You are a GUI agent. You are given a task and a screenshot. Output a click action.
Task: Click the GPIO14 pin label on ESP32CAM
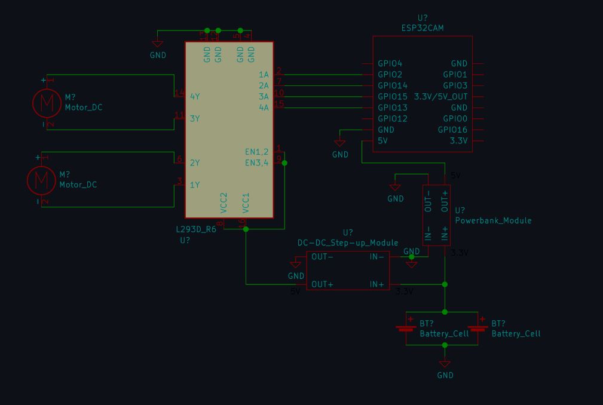tap(393, 85)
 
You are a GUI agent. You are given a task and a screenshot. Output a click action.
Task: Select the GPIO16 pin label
tap(452, 130)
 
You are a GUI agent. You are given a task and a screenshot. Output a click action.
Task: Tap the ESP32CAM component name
tap(423, 28)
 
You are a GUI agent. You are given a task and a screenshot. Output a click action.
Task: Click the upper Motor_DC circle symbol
tap(46, 103)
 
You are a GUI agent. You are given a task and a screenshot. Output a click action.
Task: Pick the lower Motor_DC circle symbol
tap(41, 180)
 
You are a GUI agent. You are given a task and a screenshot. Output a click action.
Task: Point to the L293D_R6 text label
tap(196, 229)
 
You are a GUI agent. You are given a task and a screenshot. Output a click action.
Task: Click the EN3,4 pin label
tap(257, 163)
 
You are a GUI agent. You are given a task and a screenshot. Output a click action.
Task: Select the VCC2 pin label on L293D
tap(224, 202)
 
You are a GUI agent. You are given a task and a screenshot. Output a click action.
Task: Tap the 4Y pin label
tap(195, 96)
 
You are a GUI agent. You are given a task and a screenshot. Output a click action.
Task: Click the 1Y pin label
tap(195, 185)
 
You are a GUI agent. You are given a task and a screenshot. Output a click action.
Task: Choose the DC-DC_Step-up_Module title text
tap(348, 243)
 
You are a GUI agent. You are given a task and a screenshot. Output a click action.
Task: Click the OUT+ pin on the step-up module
tap(323, 284)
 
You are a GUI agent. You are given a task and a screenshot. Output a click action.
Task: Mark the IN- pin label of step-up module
tap(377, 257)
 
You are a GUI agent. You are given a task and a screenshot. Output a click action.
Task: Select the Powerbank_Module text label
tap(493, 220)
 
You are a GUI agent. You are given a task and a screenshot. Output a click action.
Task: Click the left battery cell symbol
tap(406, 328)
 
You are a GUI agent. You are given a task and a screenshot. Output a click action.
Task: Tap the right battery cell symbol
tap(477, 328)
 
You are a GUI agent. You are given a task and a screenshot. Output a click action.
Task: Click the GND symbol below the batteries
tap(445, 364)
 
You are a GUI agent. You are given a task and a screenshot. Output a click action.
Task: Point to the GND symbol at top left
tap(157, 44)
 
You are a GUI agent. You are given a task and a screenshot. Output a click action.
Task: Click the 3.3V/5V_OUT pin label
tap(440, 97)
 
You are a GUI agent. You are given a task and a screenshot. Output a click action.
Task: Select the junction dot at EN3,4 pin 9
tap(284, 163)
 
